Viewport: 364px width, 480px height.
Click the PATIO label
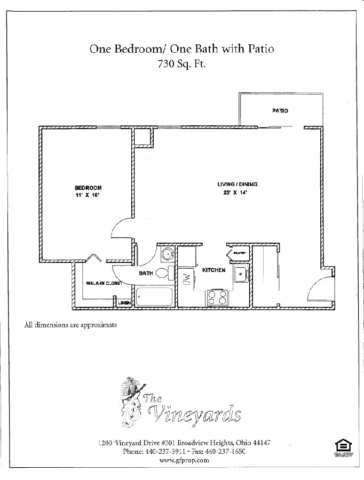[280, 111]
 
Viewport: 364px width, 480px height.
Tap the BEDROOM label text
[88, 188]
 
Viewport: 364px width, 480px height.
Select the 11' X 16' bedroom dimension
[88, 196]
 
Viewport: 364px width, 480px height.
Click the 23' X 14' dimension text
[233, 193]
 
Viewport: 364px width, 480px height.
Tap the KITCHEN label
[213, 270]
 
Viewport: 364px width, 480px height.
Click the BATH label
[146, 273]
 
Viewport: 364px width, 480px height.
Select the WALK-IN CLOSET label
[104, 283]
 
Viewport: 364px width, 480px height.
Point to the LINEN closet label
[124, 302]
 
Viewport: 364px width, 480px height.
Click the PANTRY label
[239, 253]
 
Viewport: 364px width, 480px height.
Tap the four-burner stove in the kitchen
[217, 297]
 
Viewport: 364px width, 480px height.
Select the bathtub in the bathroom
[155, 297]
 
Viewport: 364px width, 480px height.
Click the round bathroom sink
[168, 254]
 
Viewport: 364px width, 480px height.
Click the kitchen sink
[241, 275]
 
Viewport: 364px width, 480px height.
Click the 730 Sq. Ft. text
[181, 65]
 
